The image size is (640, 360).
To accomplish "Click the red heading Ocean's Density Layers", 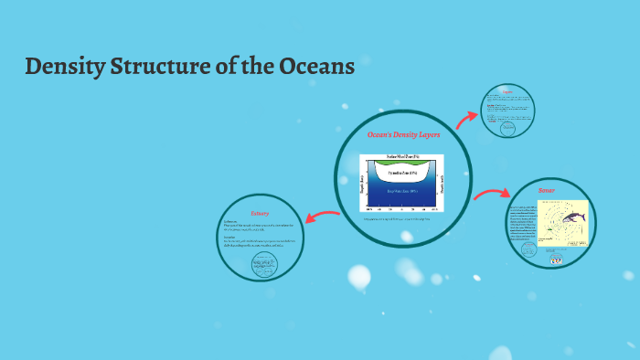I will tap(403, 134).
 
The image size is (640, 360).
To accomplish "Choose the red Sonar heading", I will tap(547, 190).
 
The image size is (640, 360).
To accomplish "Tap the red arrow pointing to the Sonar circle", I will tap(491, 194).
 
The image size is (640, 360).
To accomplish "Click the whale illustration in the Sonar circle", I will tap(574, 217).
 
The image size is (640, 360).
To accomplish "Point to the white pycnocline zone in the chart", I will tap(403, 173).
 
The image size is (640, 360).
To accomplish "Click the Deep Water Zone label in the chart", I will tap(403, 191).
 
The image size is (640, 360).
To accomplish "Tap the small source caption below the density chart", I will tap(403, 219).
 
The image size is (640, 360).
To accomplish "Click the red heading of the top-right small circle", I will tap(505, 93).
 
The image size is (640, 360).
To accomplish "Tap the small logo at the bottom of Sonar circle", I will tap(555, 260).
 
